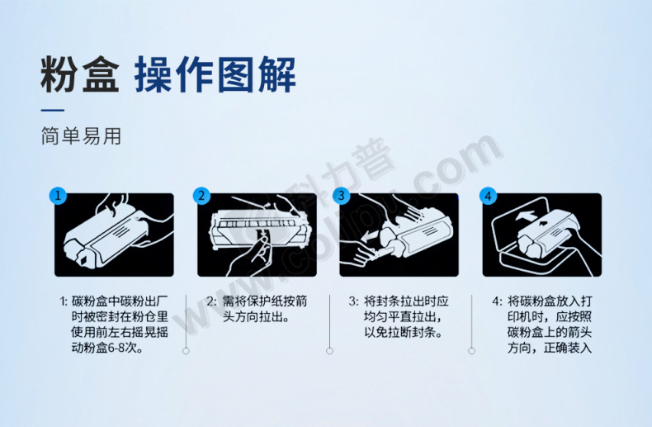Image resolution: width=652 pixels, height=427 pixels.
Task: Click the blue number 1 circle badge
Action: click(58, 196)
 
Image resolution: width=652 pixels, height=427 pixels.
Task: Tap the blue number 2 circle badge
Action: click(201, 196)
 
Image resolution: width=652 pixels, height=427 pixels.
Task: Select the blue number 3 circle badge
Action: click(342, 196)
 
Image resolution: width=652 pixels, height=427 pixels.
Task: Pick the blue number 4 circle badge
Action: click(488, 196)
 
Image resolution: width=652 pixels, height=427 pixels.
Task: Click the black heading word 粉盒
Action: click(80, 74)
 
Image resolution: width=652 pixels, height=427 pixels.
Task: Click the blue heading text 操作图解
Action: click(215, 74)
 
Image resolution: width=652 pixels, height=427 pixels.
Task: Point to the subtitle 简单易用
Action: click(81, 136)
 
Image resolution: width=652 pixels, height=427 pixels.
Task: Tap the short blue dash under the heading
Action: click(52, 111)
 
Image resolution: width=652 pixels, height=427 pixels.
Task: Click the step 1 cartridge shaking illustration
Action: click(114, 235)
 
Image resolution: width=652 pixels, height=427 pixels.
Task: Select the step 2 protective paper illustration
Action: click(257, 235)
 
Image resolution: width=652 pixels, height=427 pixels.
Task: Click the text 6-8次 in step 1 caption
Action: click(125, 348)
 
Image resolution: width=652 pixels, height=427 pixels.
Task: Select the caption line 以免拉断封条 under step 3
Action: click(403, 333)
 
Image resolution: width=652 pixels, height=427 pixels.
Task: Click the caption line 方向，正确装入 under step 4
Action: click(550, 348)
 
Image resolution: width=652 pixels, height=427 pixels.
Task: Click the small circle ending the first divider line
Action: click(186, 351)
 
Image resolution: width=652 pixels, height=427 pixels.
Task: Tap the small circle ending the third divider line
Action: click(471, 351)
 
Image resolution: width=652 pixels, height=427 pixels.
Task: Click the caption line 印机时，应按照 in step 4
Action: click(550, 317)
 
